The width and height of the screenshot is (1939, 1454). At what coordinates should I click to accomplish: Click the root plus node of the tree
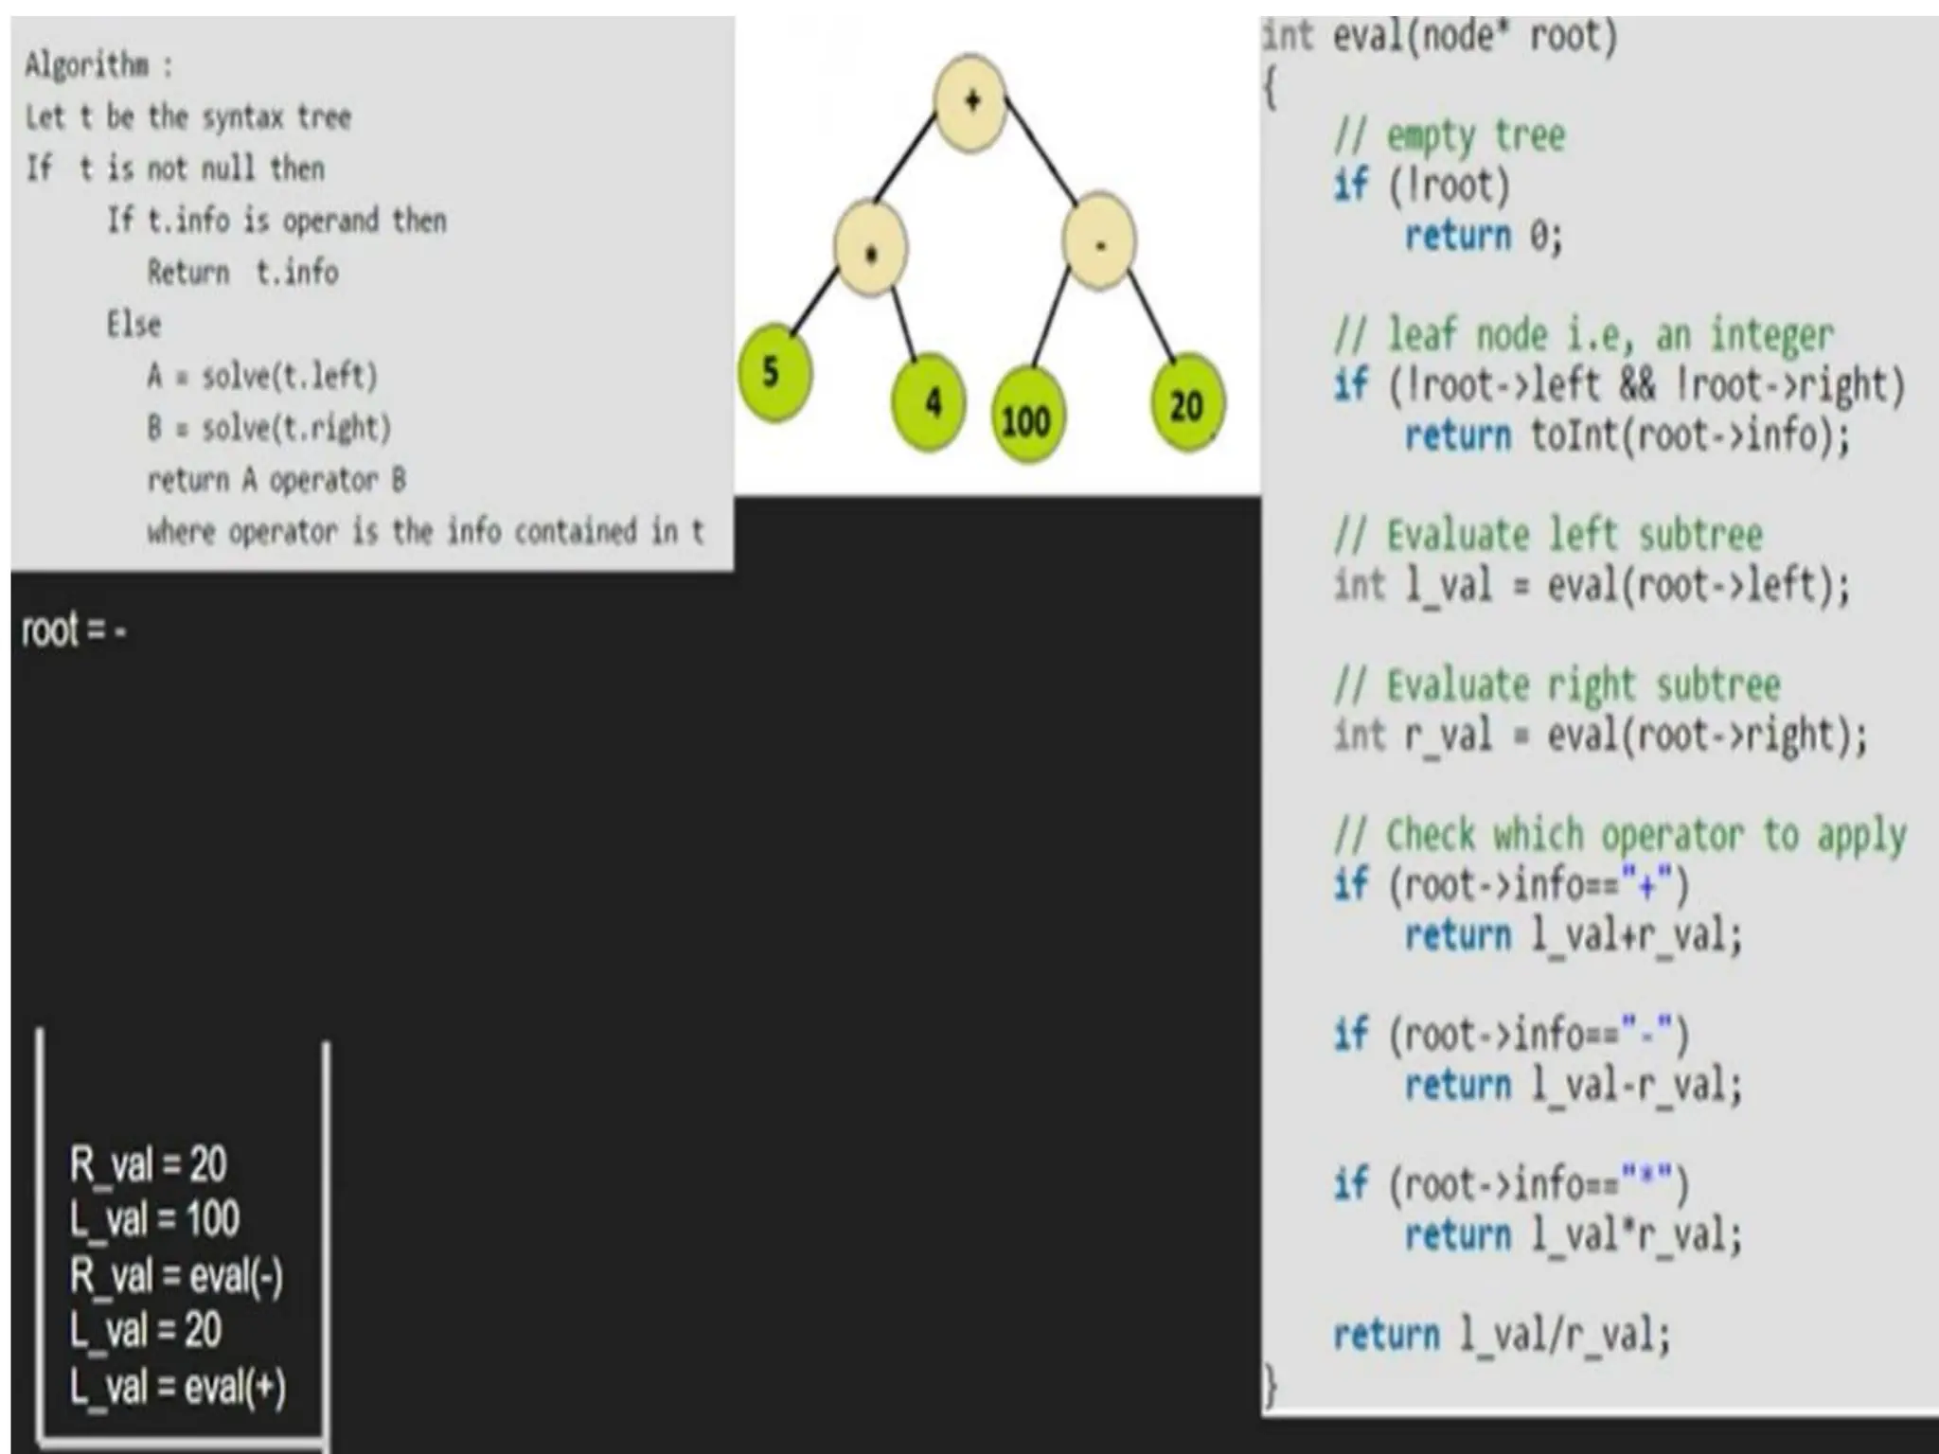pyautogui.click(x=969, y=101)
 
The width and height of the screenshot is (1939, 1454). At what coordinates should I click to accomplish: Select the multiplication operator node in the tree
pyautogui.click(x=870, y=248)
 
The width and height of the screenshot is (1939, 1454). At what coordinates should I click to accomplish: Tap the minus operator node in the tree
pyautogui.click(x=1098, y=242)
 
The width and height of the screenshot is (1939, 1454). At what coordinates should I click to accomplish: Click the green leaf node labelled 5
pyautogui.click(x=774, y=373)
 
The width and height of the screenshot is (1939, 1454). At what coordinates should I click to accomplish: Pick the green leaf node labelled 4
pyautogui.click(x=930, y=401)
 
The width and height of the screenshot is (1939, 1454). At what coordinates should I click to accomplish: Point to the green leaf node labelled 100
pyautogui.click(x=1026, y=419)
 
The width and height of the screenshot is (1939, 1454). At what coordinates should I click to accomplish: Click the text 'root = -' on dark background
pyautogui.click(x=74, y=630)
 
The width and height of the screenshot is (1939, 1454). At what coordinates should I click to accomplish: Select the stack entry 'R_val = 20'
pyautogui.click(x=148, y=1164)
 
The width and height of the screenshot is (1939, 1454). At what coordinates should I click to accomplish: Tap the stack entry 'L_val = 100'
pyautogui.click(x=154, y=1219)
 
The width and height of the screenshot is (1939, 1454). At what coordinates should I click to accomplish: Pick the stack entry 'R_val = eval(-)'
pyautogui.click(x=176, y=1276)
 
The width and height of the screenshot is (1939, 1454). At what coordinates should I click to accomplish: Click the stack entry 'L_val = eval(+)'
pyautogui.click(x=177, y=1388)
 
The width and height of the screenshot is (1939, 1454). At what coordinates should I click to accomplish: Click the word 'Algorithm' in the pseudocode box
pyautogui.click(x=87, y=65)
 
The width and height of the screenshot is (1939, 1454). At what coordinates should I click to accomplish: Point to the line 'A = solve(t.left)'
pyautogui.click(x=262, y=377)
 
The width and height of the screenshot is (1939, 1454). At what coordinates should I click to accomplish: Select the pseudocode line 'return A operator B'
pyautogui.click(x=276, y=480)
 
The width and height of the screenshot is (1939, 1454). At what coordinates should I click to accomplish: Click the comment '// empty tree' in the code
pyautogui.click(x=1449, y=136)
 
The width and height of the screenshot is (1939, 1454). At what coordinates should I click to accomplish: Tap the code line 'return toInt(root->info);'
pyautogui.click(x=1626, y=436)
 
